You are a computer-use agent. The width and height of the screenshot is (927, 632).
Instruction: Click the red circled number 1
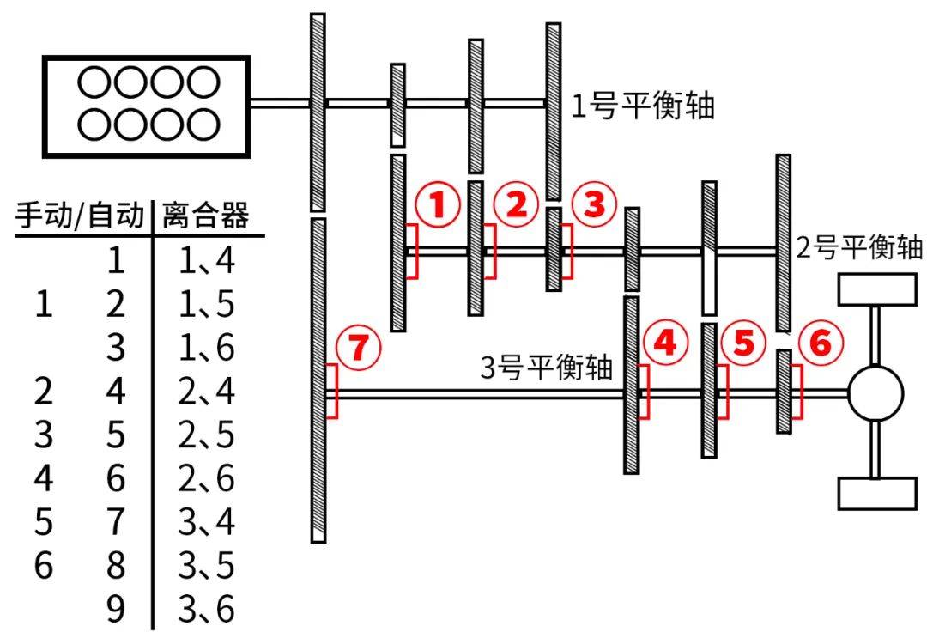(x=438, y=204)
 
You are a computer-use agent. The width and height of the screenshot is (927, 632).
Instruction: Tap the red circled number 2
(x=516, y=204)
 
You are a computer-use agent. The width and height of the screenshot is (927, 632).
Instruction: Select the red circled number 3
(x=594, y=204)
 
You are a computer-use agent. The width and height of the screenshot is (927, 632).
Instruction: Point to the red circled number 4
(x=666, y=343)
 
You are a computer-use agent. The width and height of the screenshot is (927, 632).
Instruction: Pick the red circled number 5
(x=743, y=343)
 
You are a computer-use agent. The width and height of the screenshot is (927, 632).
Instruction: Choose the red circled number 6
(x=821, y=343)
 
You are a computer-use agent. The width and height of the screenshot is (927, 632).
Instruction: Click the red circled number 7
(x=359, y=347)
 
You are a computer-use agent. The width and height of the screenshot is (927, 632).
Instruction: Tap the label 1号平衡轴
(x=643, y=106)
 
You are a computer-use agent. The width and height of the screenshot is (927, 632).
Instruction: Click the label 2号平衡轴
(x=859, y=246)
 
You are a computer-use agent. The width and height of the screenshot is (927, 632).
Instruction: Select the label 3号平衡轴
(x=546, y=368)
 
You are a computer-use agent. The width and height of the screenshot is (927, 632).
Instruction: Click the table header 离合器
(x=206, y=215)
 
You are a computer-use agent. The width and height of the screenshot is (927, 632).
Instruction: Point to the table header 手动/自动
(x=80, y=215)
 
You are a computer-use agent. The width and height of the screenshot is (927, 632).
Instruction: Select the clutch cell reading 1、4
(x=206, y=260)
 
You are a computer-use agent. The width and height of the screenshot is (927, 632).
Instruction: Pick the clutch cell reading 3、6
(x=206, y=609)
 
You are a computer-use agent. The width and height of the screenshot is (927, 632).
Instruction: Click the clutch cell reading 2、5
(x=206, y=434)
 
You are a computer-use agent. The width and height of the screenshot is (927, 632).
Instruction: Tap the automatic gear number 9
(x=116, y=609)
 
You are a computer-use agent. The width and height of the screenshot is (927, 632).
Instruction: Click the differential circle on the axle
(x=875, y=393)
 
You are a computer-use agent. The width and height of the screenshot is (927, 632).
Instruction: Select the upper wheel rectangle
(x=876, y=289)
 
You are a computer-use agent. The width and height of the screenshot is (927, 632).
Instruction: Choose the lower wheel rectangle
(x=876, y=494)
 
